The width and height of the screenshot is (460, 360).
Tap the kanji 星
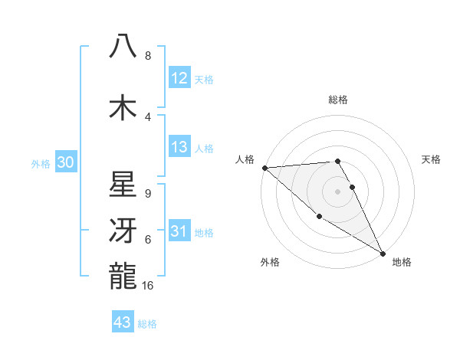coord(123,183)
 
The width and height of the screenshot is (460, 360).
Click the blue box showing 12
coord(179,77)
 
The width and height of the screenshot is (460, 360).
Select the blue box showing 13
coord(179,147)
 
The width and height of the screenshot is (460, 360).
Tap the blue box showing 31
coord(179,231)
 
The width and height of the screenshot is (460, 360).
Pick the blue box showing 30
coord(65,162)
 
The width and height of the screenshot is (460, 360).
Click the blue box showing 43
coord(123,322)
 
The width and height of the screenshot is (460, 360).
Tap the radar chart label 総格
coord(337,100)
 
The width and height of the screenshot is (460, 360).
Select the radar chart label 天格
coord(431,159)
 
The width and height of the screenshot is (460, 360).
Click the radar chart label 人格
coord(245,159)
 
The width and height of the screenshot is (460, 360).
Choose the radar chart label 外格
coord(270,262)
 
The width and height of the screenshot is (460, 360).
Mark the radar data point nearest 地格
coord(383,253)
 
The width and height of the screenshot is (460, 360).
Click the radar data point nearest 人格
coord(264,167)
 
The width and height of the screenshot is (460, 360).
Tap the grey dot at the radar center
coord(337,191)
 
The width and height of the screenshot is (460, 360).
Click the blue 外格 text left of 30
coord(41,163)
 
